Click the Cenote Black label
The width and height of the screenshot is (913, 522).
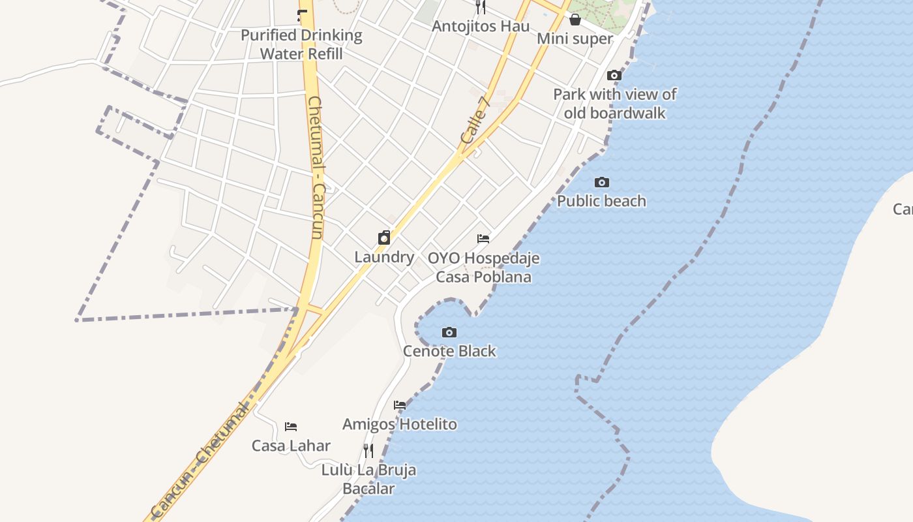click(449, 351)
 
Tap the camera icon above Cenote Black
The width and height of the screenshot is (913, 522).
click(449, 333)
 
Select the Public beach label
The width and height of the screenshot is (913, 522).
click(601, 201)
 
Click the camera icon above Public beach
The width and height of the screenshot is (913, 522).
click(601, 183)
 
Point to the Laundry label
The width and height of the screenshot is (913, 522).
click(384, 257)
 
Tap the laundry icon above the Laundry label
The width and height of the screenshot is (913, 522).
click(384, 238)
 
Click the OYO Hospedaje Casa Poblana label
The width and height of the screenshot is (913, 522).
click(483, 268)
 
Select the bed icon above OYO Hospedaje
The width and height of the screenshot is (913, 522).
click(483, 239)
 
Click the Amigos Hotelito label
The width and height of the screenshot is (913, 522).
click(400, 424)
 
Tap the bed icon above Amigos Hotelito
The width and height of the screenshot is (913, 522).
click(400, 405)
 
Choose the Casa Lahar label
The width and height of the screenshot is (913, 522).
click(291, 446)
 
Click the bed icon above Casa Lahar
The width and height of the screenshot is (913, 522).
click(291, 427)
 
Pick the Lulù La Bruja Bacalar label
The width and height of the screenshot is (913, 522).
click(368, 479)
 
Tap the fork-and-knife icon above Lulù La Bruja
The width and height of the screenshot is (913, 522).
click(368, 450)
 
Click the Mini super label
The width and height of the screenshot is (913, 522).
click(575, 38)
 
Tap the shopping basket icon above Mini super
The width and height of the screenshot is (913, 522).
click(575, 20)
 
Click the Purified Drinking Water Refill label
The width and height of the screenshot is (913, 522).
click(301, 44)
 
